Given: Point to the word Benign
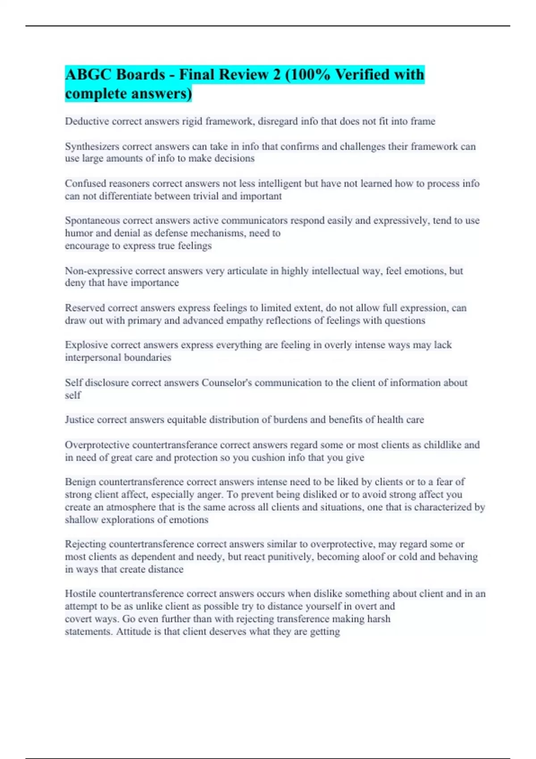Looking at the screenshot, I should point(80,482).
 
